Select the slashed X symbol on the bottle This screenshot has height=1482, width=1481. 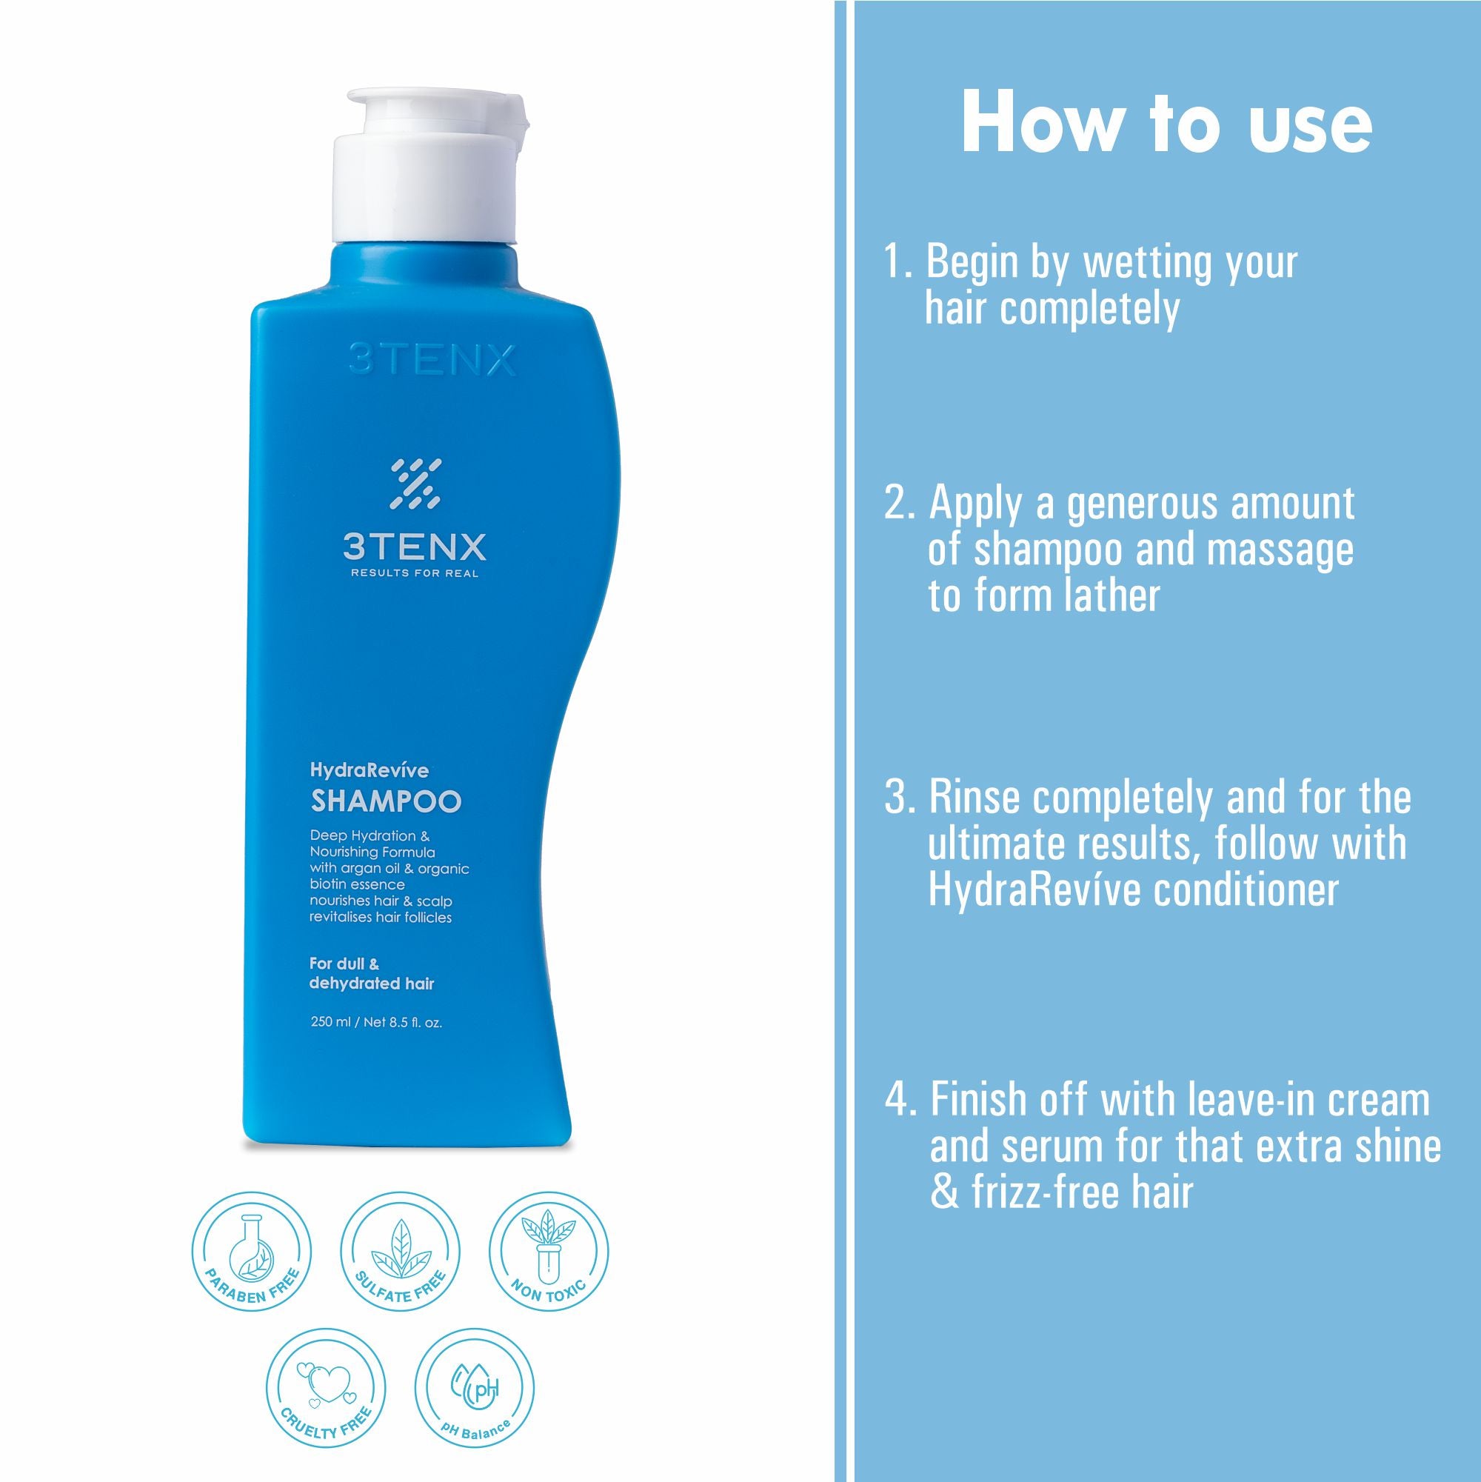tap(415, 484)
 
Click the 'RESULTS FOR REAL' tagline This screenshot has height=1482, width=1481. tap(414, 573)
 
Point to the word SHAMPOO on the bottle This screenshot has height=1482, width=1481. tap(386, 801)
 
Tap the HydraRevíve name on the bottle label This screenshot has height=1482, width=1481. tap(369, 771)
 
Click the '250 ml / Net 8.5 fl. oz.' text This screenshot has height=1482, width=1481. tap(377, 1023)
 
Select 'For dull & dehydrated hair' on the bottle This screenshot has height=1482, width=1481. tap(371, 973)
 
